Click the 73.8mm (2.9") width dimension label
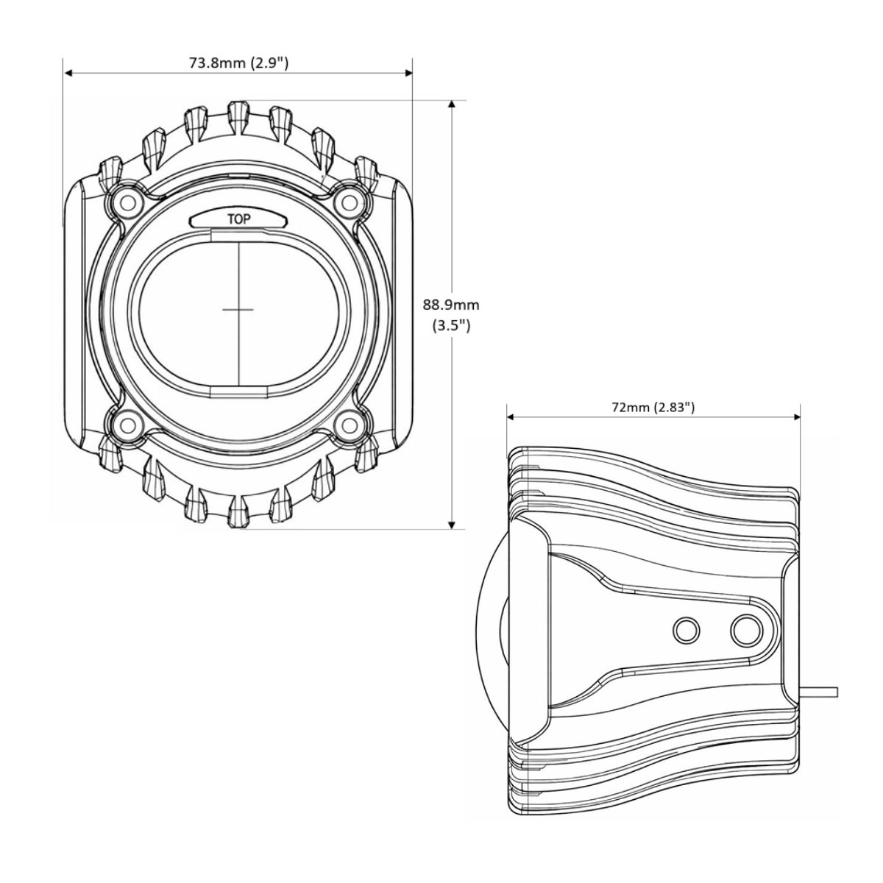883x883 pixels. tap(238, 63)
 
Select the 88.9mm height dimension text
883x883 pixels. tap(451, 305)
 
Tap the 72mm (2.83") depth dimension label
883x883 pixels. tap(653, 407)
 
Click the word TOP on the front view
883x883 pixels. tap(239, 219)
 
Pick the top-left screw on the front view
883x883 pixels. tap(129, 202)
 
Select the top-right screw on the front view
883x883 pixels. tap(350, 202)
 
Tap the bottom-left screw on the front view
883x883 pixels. tap(129, 425)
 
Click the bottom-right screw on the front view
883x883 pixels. tap(350, 425)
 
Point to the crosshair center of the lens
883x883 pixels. tap(238, 310)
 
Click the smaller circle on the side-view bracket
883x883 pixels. tap(686, 631)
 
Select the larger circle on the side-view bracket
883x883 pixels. tap(746, 631)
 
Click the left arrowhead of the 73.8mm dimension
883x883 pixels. tap(68, 73)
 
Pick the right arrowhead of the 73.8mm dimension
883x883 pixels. tap(408, 73)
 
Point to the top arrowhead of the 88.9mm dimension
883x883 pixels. tap(452, 104)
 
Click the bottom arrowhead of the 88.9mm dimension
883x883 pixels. tap(452, 525)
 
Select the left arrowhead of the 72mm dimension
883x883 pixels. tap(511, 417)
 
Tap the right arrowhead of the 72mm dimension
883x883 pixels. tap(795, 417)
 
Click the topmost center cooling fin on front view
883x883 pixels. tap(238, 118)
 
